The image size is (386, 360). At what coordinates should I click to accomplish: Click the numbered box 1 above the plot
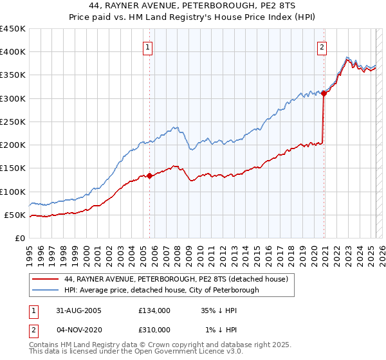click(148, 47)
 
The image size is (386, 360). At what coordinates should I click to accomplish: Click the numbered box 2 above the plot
click(321, 47)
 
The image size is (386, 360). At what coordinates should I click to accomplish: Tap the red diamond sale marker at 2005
click(150, 175)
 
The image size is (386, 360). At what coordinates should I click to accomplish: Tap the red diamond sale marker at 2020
click(324, 93)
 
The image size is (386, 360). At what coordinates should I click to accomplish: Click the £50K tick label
click(15, 215)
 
